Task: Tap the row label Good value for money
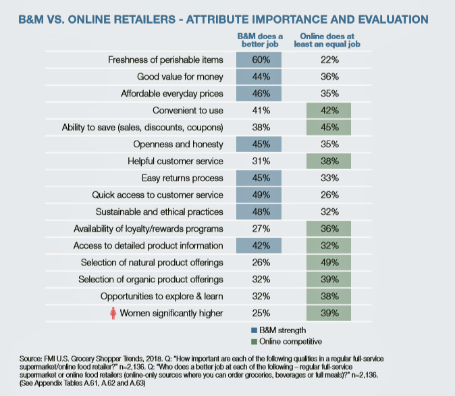[183, 77]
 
